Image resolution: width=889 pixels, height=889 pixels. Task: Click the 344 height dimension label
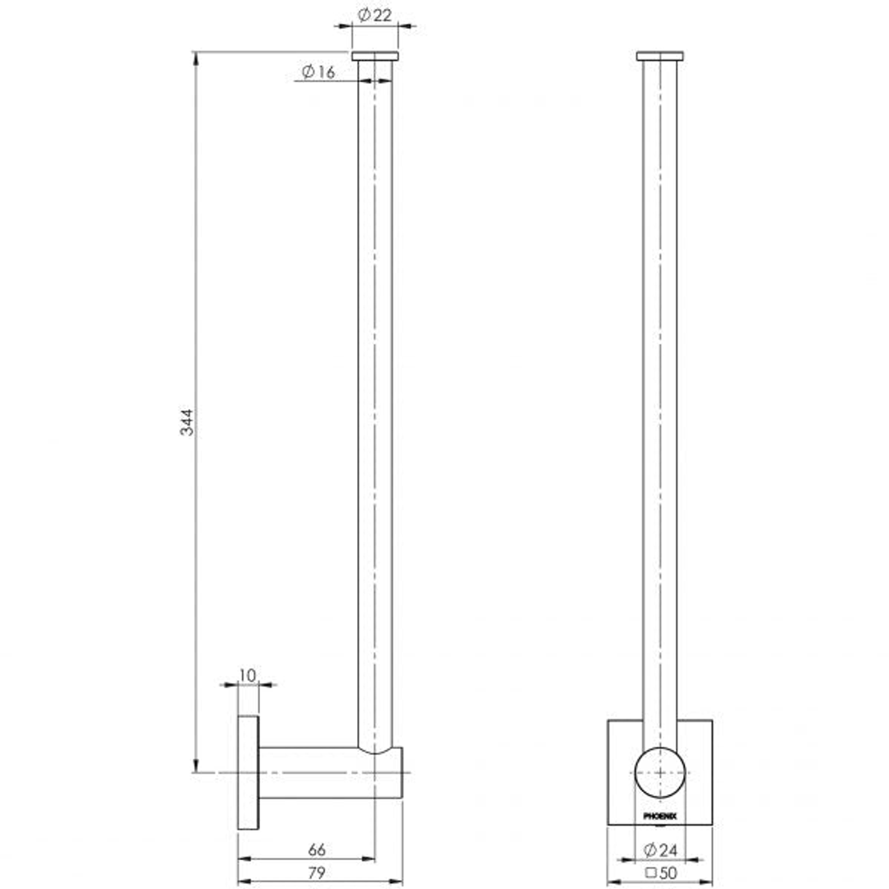point(188,421)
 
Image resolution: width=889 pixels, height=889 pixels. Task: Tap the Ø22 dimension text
point(375,14)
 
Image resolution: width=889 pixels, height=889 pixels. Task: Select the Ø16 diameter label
point(319,72)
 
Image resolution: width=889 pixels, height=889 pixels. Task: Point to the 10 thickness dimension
point(247,675)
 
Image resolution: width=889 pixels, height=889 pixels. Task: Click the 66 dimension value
point(317,850)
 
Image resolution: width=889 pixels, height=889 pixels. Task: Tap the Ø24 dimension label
point(662,849)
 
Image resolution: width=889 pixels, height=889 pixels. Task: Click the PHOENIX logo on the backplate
point(659,816)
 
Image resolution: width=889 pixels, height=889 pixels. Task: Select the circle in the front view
point(659,773)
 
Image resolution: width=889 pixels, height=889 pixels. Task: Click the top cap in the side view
point(375,56)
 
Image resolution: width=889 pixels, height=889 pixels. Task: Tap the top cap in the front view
point(659,56)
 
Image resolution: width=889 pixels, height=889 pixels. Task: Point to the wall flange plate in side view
point(248,773)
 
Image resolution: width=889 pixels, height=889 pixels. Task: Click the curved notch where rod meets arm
point(379,749)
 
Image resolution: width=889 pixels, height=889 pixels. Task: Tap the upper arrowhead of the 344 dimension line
point(196,58)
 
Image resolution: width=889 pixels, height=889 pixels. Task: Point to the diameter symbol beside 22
point(363,14)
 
